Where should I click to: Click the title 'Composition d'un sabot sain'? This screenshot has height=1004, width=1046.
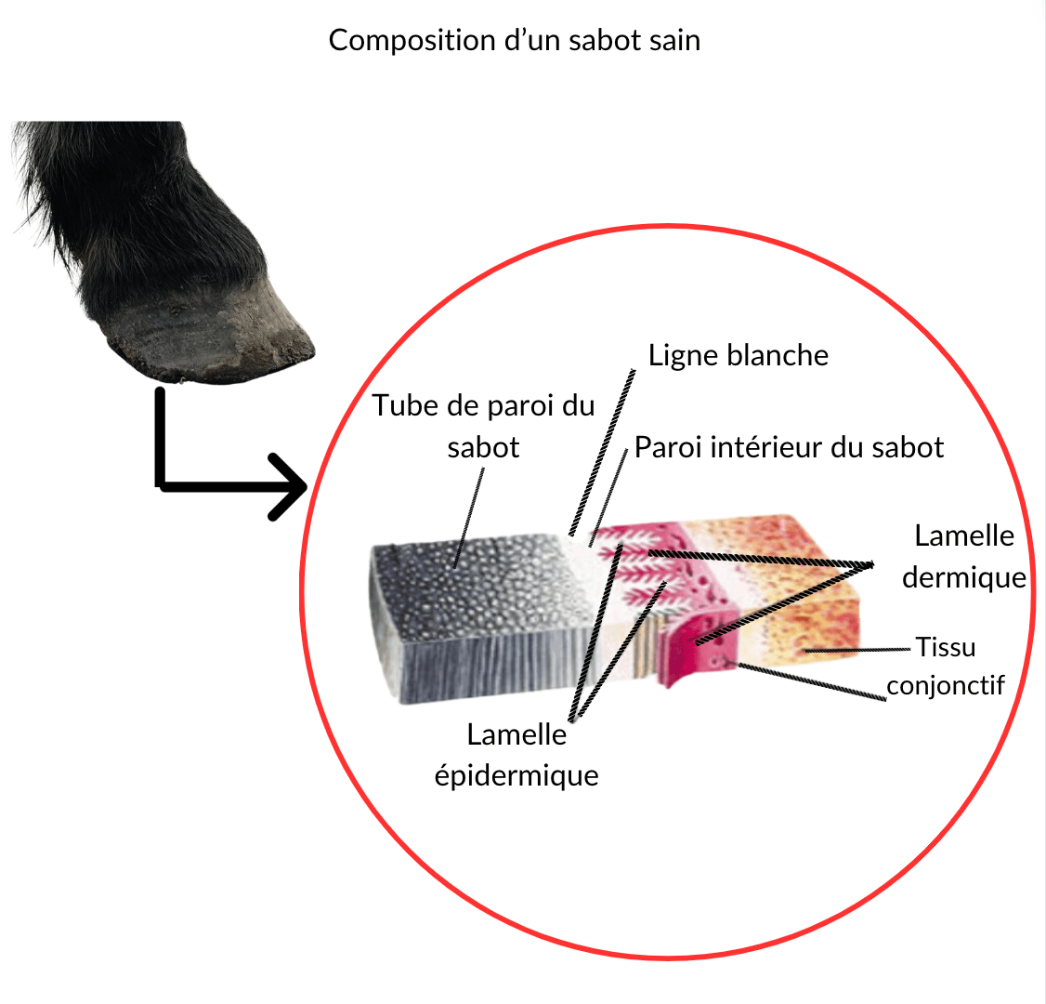coord(514,41)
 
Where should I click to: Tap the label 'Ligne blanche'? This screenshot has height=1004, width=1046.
coord(739,355)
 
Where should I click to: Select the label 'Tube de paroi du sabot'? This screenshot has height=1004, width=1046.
coord(483,426)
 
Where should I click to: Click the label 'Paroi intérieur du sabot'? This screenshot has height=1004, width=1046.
coord(789,447)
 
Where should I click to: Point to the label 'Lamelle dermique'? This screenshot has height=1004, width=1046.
coord(963,556)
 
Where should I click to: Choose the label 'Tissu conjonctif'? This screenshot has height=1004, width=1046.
coord(946,666)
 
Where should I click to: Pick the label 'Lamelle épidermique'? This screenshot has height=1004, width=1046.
coord(516,755)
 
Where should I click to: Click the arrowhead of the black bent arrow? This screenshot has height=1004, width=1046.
coord(289,486)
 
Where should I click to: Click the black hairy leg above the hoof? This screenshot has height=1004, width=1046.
coord(121,205)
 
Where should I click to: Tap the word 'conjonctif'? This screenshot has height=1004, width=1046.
coord(946,685)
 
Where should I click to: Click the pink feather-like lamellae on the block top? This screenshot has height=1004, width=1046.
coord(641,562)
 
